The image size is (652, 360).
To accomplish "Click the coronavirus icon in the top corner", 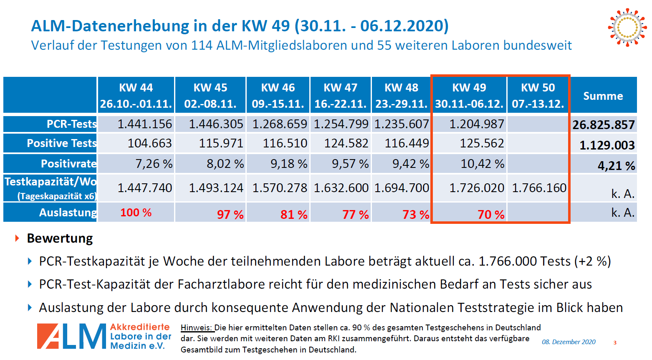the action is tap(627, 28).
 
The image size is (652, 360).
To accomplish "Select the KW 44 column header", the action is tap(136, 95).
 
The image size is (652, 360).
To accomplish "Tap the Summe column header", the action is tap(603, 96).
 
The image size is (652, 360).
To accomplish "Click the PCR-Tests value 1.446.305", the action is tap(216, 124).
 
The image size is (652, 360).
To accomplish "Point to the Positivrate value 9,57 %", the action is tap(350, 164).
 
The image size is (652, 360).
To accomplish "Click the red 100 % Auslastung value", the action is tap(136, 212).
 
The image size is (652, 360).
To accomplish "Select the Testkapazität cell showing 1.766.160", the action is tap(539, 188).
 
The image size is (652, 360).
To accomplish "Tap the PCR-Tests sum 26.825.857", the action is tap(604, 124).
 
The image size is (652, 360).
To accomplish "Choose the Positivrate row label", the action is tap(69, 164).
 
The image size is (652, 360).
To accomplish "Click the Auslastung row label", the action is tap(68, 213).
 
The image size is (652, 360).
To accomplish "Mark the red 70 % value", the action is tap(491, 215).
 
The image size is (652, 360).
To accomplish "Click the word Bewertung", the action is tap(60, 238).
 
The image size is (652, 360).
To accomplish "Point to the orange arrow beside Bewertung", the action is tap(17, 238).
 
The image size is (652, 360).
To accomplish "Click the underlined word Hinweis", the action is tap(197, 328).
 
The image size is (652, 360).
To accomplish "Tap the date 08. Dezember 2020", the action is tap(569, 342).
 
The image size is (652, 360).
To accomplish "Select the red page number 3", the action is tap(615, 343).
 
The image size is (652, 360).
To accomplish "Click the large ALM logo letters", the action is tap(71, 336).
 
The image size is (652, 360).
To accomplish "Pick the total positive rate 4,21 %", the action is tap(616, 166).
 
